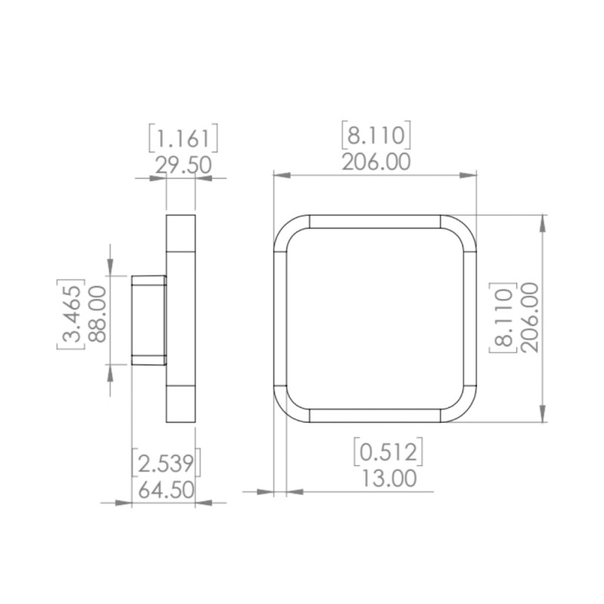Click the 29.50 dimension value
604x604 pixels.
click(183, 165)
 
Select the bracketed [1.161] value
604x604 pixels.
click(183, 138)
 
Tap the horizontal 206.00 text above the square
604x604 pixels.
click(376, 162)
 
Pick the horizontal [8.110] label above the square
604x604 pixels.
click(376, 135)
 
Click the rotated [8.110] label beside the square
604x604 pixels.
click(503, 318)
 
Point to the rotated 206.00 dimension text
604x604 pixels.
click(530, 318)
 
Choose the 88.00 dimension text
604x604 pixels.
click(97, 314)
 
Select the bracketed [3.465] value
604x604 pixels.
click(71, 314)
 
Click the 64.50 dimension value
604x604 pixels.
click(166, 490)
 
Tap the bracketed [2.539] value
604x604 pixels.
click(166, 463)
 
